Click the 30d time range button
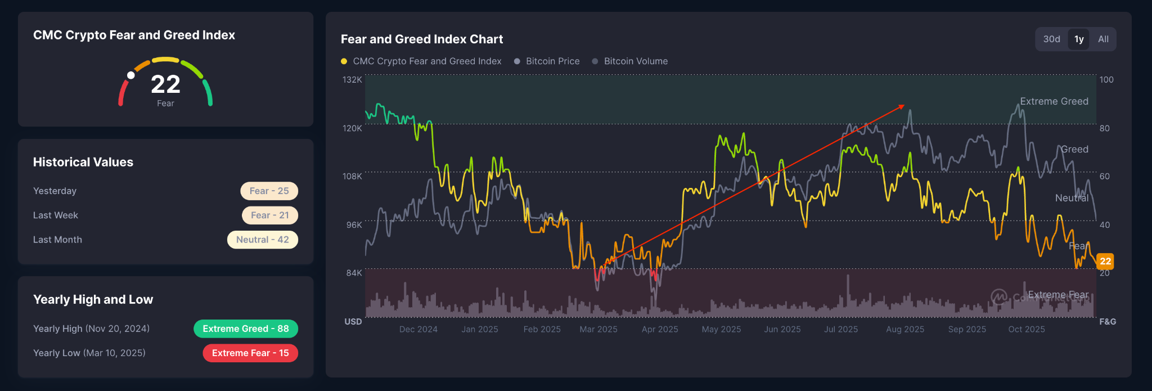pos(1051,39)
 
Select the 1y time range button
pos(1079,39)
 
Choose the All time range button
pos(1103,39)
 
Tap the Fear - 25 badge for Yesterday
pos(269,191)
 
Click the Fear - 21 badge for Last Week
pos(269,215)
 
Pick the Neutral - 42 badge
pos(262,240)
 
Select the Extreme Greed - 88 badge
pos(245,329)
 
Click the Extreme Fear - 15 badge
pos(250,353)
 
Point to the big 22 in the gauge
pos(165,85)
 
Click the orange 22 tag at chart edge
pos(1105,261)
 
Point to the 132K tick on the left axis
pos(352,80)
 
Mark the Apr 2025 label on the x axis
pos(660,329)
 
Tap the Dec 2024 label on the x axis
pos(418,329)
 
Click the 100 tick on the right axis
pos(1106,80)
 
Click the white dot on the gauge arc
pos(131,75)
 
